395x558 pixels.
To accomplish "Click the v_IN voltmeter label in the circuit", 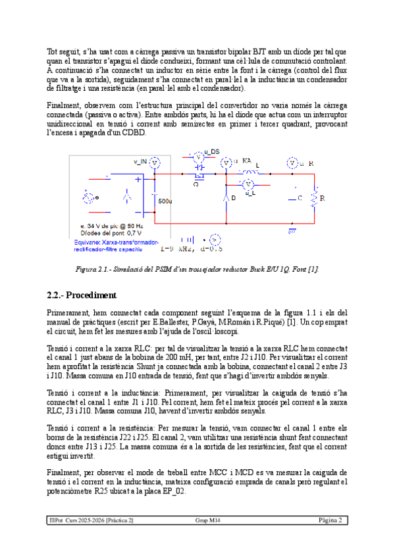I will coord(140,161).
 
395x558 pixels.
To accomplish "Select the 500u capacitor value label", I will coord(165,201).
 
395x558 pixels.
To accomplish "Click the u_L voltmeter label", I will coord(250,194).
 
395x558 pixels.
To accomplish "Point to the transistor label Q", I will coord(195,184).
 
